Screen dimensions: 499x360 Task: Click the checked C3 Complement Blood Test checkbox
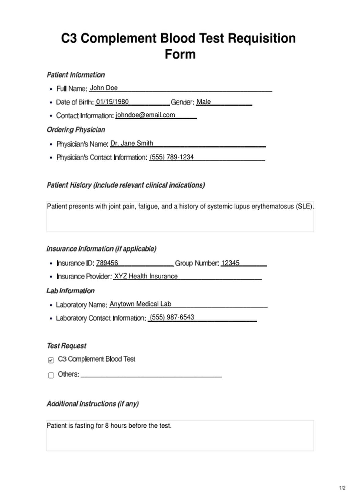(x=51, y=360)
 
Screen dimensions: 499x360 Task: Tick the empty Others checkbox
(x=51, y=375)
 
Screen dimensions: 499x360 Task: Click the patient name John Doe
(x=104, y=88)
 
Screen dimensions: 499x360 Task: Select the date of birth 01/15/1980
(x=112, y=102)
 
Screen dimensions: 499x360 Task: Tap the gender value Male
(x=204, y=102)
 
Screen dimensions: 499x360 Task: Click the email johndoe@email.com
(x=145, y=115)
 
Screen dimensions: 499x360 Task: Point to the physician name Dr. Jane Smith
(x=132, y=143)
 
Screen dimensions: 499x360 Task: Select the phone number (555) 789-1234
(x=172, y=157)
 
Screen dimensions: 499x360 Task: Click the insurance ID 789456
(x=107, y=263)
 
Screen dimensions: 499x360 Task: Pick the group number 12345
(x=230, y=263)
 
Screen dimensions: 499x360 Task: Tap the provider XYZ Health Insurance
(x=146, y=276)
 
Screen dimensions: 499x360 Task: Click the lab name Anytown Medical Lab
(x=140, y=304)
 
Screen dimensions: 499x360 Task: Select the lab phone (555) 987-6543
(x=172, y=317)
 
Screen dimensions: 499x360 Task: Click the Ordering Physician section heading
(x=76, y=130)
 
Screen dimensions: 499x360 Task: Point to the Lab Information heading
(x=70, y=291)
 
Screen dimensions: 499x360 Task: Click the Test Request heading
(x=66, y=346)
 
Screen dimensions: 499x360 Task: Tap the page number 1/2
(x=342, y=488)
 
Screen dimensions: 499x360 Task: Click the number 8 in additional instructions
(x=107, y=426)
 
